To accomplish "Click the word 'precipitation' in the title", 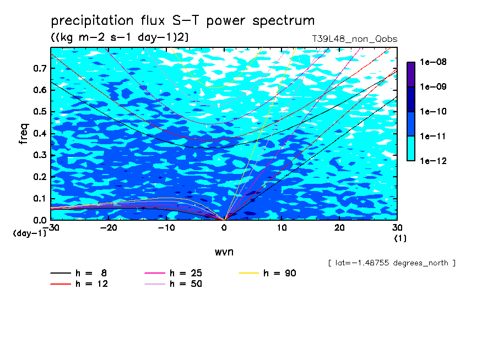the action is [x=92, y=20].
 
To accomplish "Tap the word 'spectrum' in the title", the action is [x=283, y=21].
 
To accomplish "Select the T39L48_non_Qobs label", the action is [x=354, y=39].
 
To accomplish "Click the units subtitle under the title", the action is [x=120, y=37].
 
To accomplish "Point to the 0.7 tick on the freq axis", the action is [x=40, y=68].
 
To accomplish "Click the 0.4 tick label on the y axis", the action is [x=40, y=133].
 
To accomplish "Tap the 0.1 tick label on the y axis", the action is [x=40, y=198].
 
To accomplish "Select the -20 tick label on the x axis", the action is [x=109, y=228].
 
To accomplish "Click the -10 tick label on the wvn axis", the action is [x=166, y=228].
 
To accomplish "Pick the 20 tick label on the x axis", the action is [x=339, y=228].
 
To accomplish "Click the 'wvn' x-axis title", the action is [x=224, y=252].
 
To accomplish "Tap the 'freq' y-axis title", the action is [x=24, y=134].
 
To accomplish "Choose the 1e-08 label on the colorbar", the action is [x=433, y=62].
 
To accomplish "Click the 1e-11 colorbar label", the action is [x=433, y=136].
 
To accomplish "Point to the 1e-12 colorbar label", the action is [x=433, y=161].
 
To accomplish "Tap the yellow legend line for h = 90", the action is [x=248, y=273].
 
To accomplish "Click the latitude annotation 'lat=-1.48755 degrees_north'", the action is [x=392, y=263].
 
